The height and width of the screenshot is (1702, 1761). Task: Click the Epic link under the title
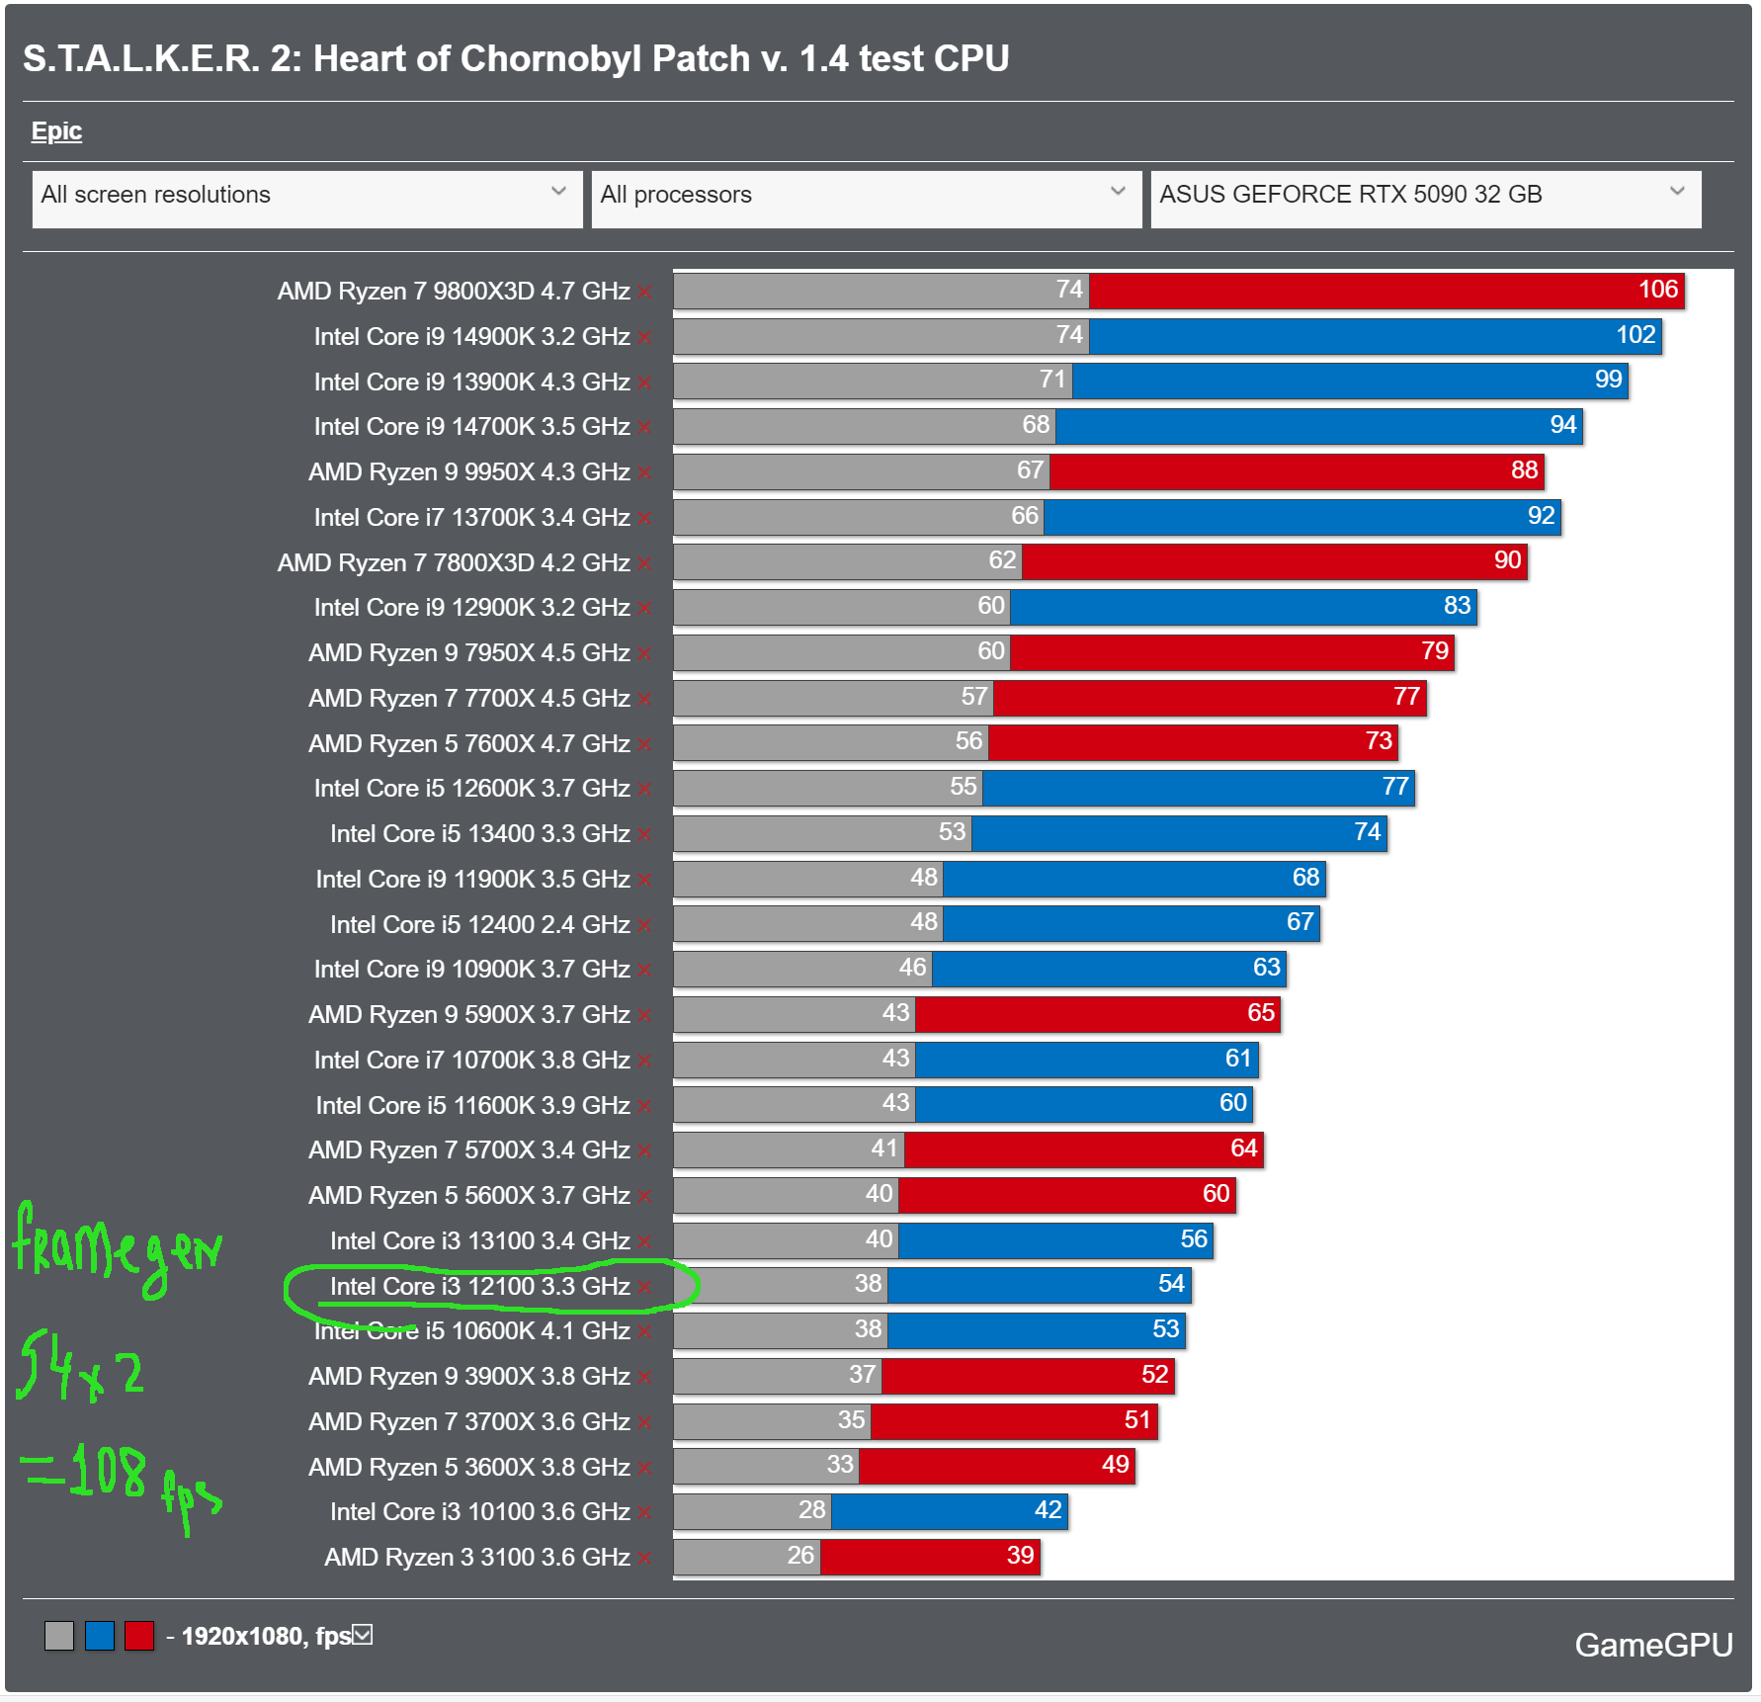tap(56, 131)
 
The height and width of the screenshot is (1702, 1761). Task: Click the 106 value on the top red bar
tap(1657, 290)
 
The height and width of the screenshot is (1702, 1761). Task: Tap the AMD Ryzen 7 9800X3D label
tap(453, 292)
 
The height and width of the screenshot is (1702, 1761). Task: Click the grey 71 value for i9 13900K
tap(1051, 380)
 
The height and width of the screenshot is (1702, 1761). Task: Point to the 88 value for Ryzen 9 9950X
tap(1524, 470)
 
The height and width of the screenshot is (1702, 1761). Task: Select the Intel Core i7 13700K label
tap(471, 518)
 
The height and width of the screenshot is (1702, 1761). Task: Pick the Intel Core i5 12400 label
tap(479, 925)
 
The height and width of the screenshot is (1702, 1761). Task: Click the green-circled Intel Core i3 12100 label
tap(479, 1287)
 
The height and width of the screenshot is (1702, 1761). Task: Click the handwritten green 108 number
tap(109, 1471)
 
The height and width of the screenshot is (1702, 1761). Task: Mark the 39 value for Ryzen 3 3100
tap(1020, 1556)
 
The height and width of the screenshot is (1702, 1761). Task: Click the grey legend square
tap(59, 1636)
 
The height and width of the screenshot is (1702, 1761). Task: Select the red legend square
tap(139, 1636)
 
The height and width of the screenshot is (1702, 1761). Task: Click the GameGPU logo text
tap(1652, 1645)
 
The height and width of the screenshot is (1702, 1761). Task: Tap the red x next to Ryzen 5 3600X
tap(644, 1469)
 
